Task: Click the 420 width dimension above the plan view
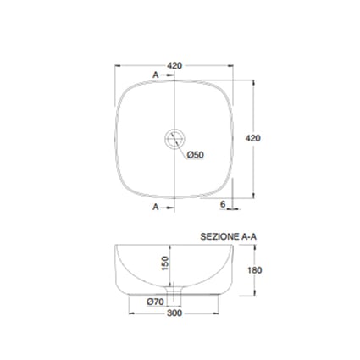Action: (174, 66)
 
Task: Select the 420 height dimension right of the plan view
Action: (252, 138)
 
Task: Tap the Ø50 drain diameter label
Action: (195, 155)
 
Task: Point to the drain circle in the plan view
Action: (174, 138)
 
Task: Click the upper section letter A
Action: (156, 75)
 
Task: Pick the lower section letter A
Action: (156, 208)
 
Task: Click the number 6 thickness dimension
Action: (223, 204)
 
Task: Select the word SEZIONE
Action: (219, 236)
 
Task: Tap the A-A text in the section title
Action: (249, 236)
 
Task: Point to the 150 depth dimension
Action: (165, 263)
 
